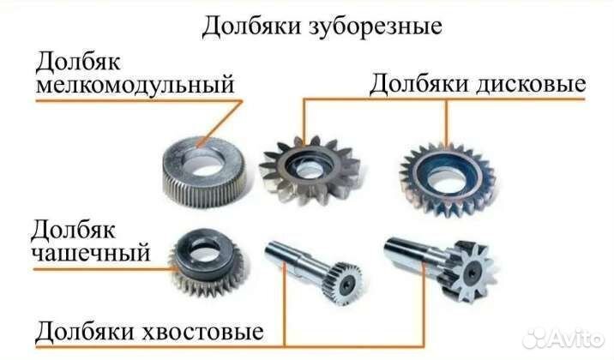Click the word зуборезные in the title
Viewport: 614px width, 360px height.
pos(373,27)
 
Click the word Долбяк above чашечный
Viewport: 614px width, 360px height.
pos(75,230)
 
